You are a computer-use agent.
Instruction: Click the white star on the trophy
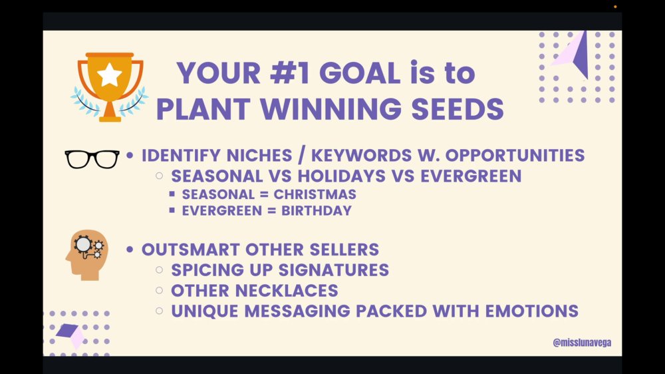(110, 75)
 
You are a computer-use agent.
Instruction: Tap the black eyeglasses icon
(92, 159)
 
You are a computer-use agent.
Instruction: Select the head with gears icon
(87, 255)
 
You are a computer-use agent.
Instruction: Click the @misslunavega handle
(582, 343)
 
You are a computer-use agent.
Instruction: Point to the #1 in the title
(290, 73)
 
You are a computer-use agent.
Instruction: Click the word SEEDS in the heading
(458, 108)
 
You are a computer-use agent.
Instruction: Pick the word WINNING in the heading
(331, 108)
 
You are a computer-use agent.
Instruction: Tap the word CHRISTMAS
(315, 194)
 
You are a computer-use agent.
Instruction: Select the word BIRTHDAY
(317, 210)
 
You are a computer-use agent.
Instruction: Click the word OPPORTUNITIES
(515, 155)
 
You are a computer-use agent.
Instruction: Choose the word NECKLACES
(286, 291)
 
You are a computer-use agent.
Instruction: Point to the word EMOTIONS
(532, 311)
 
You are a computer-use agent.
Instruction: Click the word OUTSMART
(190, 250)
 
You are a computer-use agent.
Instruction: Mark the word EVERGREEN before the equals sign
(222, 210)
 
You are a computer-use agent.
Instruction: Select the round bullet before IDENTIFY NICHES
(130, 155)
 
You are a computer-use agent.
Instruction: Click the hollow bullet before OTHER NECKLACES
(160, 290)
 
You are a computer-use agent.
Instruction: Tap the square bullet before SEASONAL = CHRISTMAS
(172, 194)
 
